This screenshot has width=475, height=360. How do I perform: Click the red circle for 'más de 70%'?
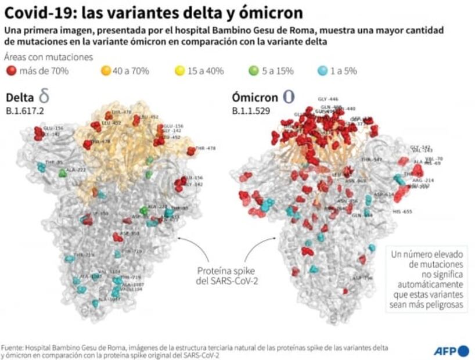[x=11, y=71]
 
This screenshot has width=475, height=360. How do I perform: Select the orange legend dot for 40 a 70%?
[x=106, y=71]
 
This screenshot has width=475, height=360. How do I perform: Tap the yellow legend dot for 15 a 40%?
[x=180, y=71]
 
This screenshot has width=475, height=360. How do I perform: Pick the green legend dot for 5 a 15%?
[x=254, y=71]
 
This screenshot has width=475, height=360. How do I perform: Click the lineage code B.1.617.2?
[x=25, y=110]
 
